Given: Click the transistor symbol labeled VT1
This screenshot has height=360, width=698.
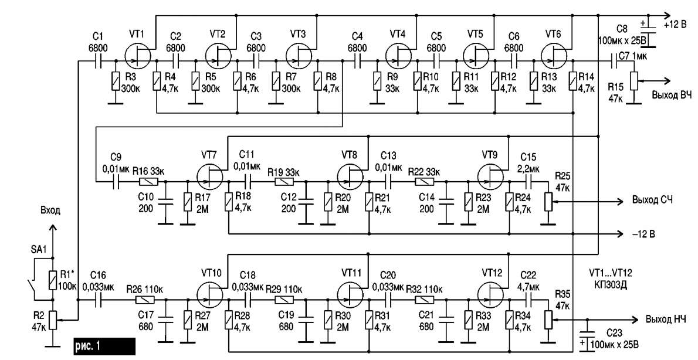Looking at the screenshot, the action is (x=138, y=56).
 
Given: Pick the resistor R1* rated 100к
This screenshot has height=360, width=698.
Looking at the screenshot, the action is (x=52, y=280).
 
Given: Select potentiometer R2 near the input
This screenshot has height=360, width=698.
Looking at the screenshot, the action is (x=53, y=320).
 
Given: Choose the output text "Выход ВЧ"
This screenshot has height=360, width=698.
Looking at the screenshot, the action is (x=669, y=94).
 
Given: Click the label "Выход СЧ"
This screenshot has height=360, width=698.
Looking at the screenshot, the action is (x=652, y=201).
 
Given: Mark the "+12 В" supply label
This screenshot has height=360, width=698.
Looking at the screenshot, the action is (x=675, y=25).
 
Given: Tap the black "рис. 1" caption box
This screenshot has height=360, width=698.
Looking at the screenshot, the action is (x=104, y=346).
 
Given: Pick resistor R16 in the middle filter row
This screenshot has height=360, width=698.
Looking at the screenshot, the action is (x=147, y=182).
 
